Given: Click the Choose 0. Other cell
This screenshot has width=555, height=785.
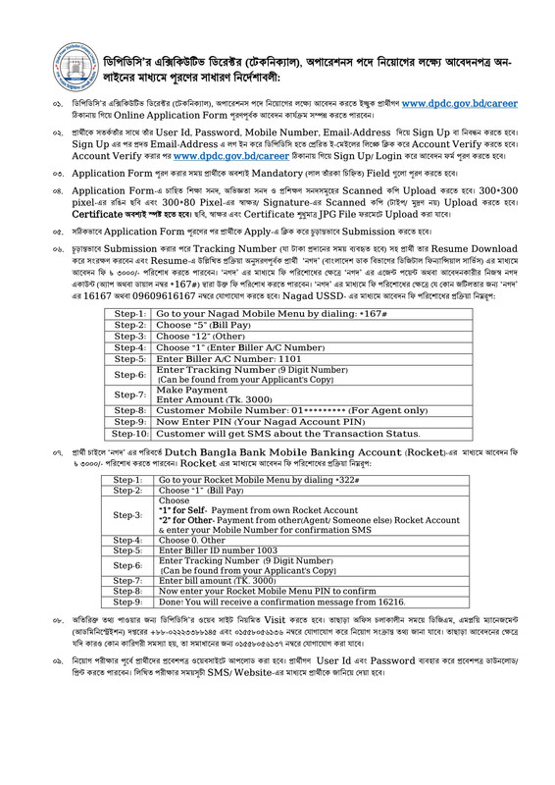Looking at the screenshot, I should pyautogui.click(x=195, y=540).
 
